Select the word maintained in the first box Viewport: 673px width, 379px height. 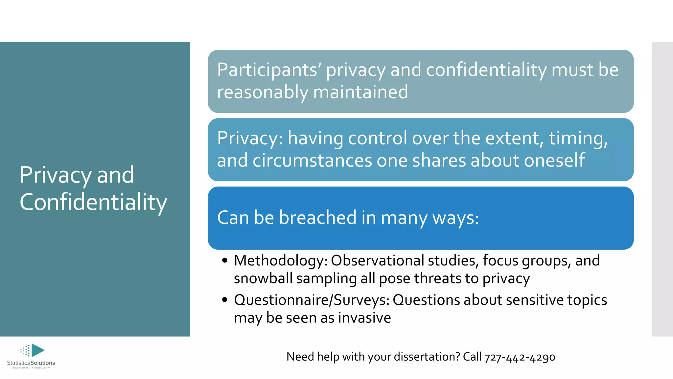click(x=360, y=92)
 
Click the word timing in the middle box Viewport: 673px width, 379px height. click(x=578, y=138)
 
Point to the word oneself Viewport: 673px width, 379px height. click(x=554, y=160)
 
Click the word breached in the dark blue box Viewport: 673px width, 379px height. click(x=317, y=217)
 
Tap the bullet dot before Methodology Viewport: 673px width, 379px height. click(x=225, y=261)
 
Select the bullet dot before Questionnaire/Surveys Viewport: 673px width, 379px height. click(x=225, y=300)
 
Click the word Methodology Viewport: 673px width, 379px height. click(x=280, y=261)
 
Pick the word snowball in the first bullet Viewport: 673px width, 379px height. click(x=263, y=278)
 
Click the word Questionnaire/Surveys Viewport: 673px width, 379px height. click(x=311, y=300)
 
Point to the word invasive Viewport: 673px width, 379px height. click(x=364, y=318)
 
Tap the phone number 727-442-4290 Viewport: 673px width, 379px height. click(x=520, y=357)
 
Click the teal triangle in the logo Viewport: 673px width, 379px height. click(x=37, y=350)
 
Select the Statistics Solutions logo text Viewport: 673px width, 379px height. click(x=31, y=363)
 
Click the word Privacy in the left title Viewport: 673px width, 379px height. click(x=55, y=175)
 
